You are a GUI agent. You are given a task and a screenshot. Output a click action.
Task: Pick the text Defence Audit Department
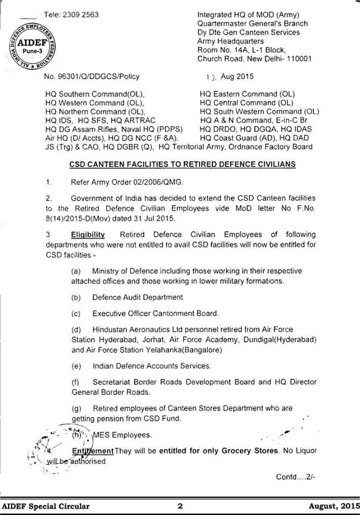[x=138, y=297]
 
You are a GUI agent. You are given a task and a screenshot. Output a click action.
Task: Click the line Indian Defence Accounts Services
[x=151, y=366]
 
